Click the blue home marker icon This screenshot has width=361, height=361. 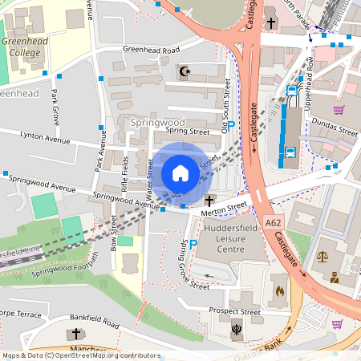(180, 172)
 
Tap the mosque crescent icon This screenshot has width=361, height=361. (185, 72)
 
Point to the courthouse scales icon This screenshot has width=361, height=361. (323, 258)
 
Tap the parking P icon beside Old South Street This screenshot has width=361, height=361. (231, 126)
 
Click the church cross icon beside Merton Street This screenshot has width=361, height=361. (210, 200)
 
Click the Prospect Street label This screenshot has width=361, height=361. (234, 311)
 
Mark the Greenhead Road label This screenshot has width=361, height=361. (150, 50)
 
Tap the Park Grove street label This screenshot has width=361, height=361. (55, 106)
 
